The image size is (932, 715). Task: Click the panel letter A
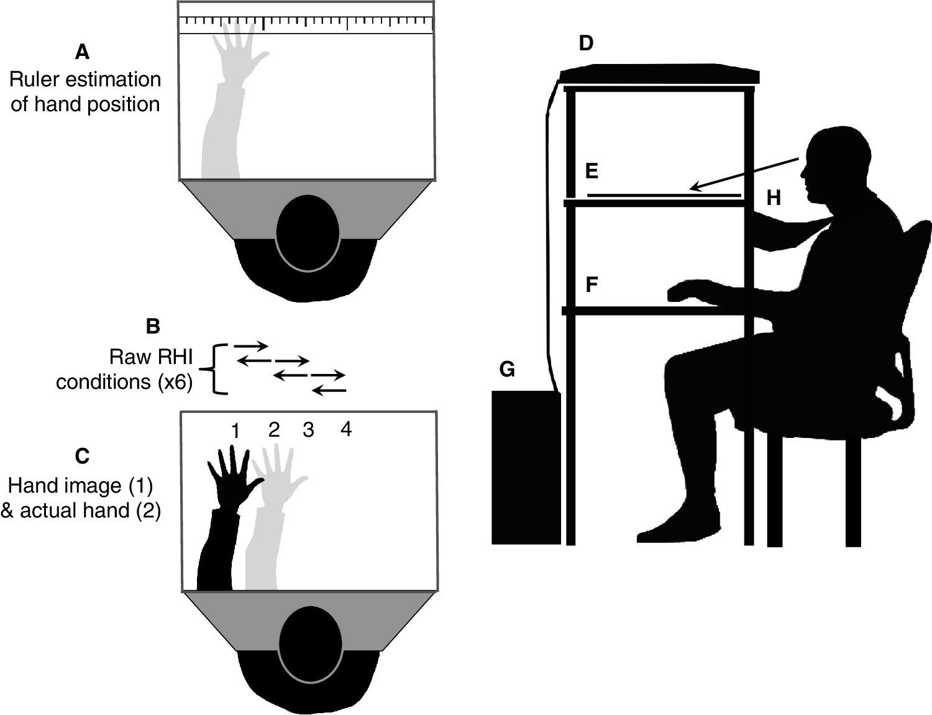[x=82, y=52]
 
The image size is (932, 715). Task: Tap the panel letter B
[x=152, y=326]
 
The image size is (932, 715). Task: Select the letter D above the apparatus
[x=585, y=43]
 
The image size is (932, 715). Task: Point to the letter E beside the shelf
[x=592, y=171]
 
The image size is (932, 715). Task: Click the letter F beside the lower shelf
[x=592, y=285]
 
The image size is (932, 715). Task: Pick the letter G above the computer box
[x=507, y=370]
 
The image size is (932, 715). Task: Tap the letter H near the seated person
[x=773, y=198]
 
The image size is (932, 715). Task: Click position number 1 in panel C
[x=235, y=430]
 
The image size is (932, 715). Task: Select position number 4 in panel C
[x=346, y=429]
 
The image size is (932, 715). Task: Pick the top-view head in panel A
[x=308, y=232]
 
